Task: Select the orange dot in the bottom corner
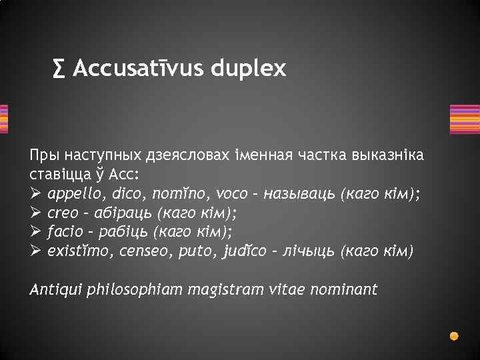[454, 335]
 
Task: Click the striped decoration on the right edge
[465, 119]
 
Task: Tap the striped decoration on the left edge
[4, 119]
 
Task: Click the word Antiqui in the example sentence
[54, 289]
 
